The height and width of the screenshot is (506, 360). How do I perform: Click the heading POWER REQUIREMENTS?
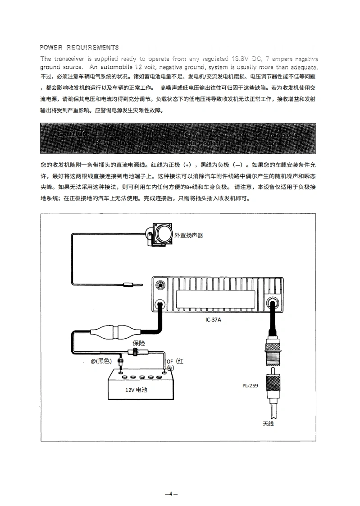pyautogui.click(x=79, y=47)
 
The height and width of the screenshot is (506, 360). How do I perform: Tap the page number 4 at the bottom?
pyautogui.click(x=171, y=493)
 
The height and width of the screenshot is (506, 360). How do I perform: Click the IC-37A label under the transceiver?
pyautogui.click(x=213, y=320)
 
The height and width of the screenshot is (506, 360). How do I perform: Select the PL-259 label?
pyautogui.click(x=250, y=386)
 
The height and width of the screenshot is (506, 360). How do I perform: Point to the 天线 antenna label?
pyautogui.click(x=268, y=423)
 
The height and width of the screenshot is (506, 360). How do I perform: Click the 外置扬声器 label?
pyautogui.click(x=189, y=235)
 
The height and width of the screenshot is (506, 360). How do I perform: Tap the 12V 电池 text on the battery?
pyautogui.click(x=136, y=390)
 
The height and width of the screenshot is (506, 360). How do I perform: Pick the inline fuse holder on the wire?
pyautogui.click(x=133, y=352)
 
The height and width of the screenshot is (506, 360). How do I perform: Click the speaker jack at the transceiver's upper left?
pyautogui.click(x=159, y=285)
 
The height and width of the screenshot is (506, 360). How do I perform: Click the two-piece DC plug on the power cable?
pyautogui.click(x=111, y=333)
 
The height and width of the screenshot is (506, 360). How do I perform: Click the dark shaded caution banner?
pyautogui.click(x=178, y=138)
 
